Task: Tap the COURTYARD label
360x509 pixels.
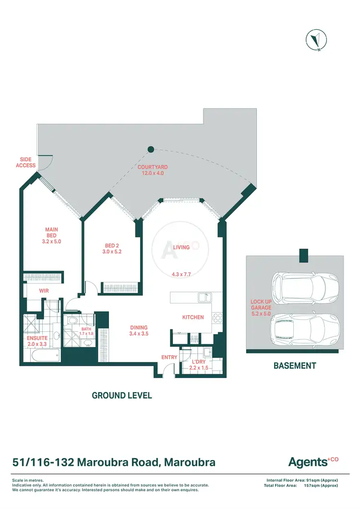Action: [x=152, y=170]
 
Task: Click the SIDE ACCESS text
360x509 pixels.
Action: [x=26, y=162]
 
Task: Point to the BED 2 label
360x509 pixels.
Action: [x=110, y=248]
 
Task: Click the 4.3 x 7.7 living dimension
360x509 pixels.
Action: [x=181, y=275]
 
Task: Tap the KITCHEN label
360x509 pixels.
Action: [x=193, y=317]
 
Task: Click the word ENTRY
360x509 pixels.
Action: [x=169, y=357]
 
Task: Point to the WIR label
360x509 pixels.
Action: [x=44, y=291]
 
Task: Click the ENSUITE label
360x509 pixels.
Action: [x=36, y=341]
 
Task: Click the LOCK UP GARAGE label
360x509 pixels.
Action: [x=261, y=307]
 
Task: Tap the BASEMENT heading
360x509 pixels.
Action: [x=295, y=365]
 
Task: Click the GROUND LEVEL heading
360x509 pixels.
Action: [x=122, y=396]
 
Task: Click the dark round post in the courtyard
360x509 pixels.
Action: [x=150, y=149]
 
